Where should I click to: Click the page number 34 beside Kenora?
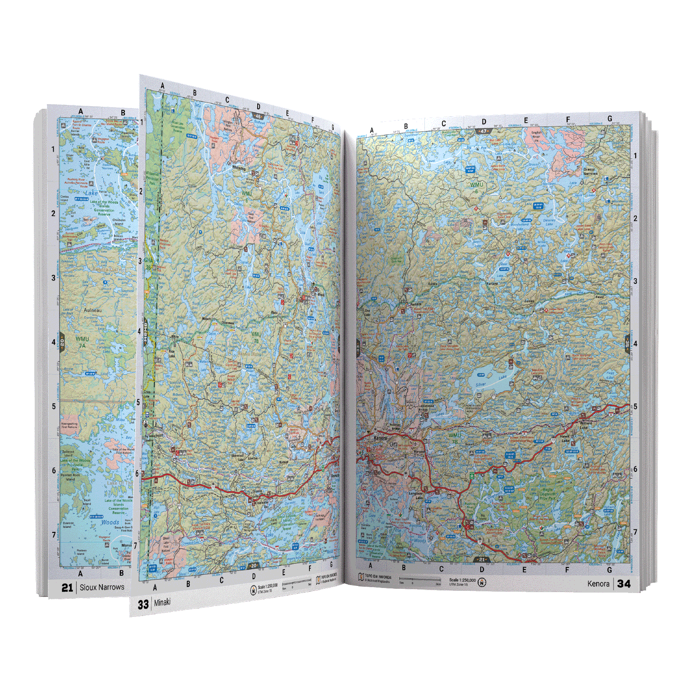[x=624, y=584]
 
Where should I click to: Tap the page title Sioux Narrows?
[x=102, y=587]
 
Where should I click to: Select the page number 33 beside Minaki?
[x=143, y=605]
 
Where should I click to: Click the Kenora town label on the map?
[x=380, y=438]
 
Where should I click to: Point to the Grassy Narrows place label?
[x=590, y=171]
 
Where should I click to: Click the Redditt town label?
[x=416, y=304]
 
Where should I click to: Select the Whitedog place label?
[x=239, y=168]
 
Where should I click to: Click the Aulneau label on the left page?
[x=92, y=310]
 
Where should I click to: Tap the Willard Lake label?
[x=585, y=425]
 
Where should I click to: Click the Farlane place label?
[x=492, y=284]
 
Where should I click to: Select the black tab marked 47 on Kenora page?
[x=483, y=131]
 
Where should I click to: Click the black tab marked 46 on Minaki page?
[x=258, y=117]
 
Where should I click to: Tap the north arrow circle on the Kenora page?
[x=482, y=583]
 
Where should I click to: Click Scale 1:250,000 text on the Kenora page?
[x=462, y=580]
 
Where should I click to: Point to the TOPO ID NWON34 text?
[x=378, y=577]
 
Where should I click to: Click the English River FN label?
[x=536, y=136]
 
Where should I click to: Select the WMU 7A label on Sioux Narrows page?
[x=82, y=342]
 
